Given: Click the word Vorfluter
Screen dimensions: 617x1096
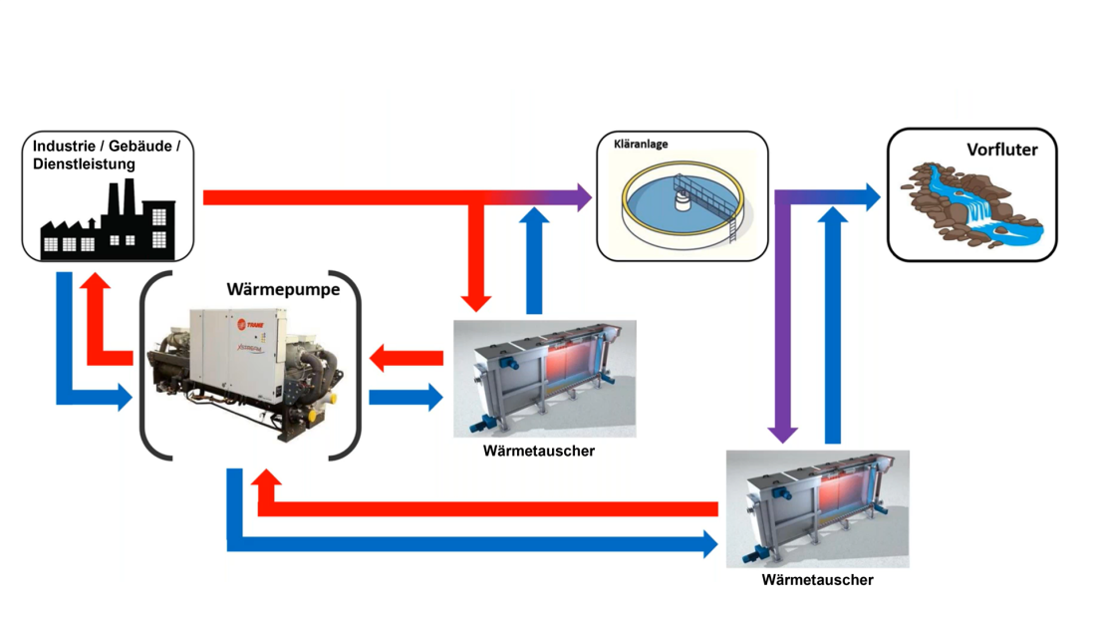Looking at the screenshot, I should [1001, 151].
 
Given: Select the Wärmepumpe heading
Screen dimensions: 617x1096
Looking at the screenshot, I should [283, 290].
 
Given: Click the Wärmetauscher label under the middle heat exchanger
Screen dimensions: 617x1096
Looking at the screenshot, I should [538, 452].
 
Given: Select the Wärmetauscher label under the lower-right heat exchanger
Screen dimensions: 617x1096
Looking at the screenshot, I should [817, 580].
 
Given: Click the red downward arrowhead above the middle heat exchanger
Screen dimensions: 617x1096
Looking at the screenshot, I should [477, 301].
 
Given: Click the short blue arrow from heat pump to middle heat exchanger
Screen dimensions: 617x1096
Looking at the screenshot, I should [406, 397].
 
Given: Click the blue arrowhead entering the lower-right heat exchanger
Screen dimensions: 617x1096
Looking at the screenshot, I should [708, 543].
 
